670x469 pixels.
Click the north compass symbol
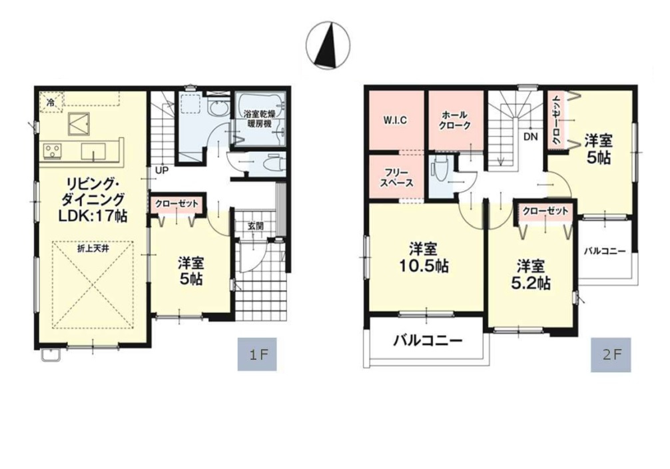[328, 46]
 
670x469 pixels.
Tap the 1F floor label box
[257, 354]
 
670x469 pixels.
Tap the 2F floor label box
[611, 354]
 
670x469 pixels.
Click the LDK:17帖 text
[93, 216]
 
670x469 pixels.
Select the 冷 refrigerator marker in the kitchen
[51, 103]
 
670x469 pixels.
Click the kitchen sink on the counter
[94, 151]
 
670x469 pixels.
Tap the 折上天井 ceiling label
[93, 248]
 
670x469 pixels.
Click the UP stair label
[162, 170]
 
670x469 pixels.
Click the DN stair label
[530, 137]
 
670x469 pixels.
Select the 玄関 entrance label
[256, 226]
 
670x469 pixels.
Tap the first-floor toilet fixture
[272, 164]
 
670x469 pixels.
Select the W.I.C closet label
[394, 120]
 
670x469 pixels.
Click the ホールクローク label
[456, 120]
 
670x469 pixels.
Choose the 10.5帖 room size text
[423, 266]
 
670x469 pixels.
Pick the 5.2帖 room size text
[531, 283]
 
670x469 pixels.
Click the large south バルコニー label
[428, 340]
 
